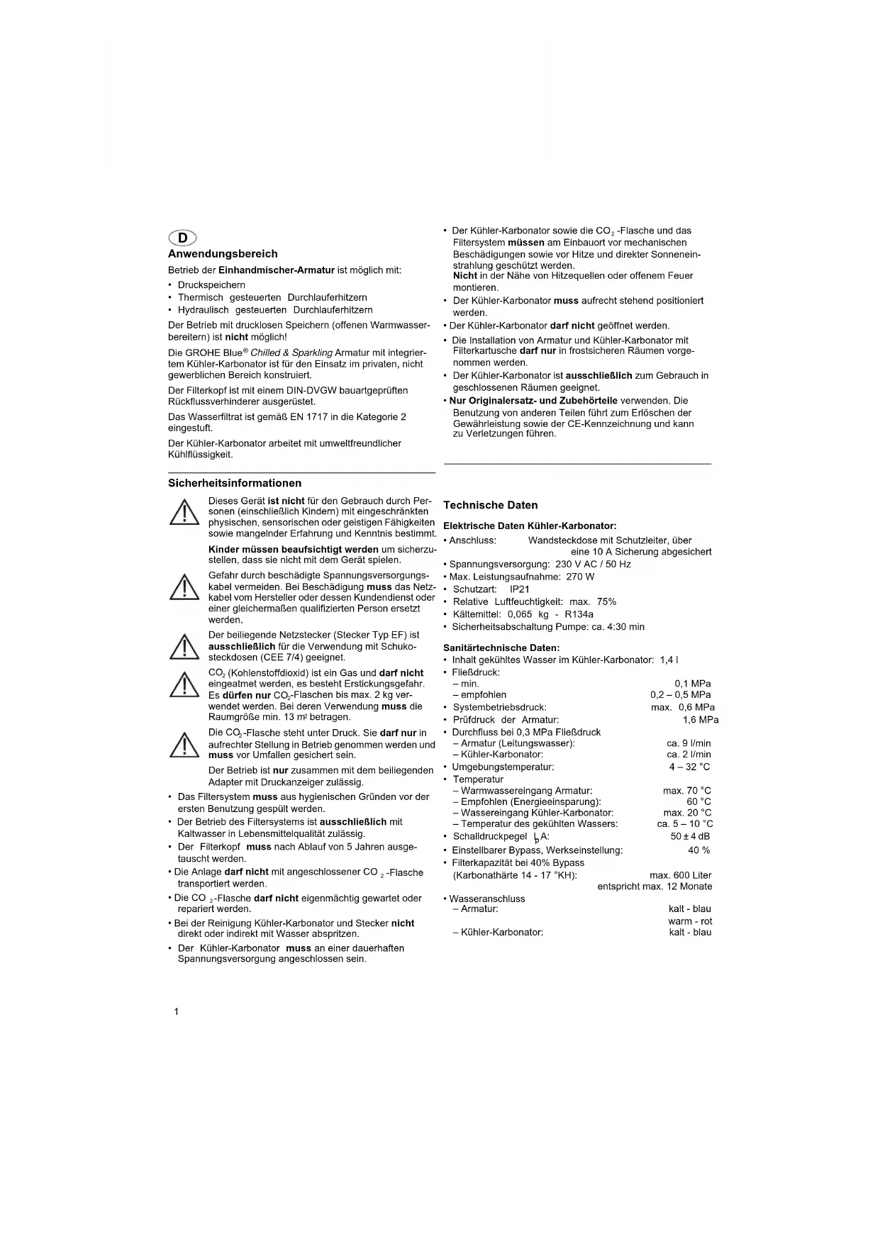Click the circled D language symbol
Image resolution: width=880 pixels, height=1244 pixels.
182,238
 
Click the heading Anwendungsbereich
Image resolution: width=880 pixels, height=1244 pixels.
223,254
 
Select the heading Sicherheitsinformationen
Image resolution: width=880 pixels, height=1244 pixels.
235,483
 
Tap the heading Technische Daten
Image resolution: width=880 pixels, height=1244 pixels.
491,505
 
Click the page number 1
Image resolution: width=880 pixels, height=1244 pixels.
177,1011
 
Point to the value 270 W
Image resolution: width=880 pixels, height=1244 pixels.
580,577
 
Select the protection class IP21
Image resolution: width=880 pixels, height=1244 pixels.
520,589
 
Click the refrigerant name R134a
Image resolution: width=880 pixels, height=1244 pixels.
579,614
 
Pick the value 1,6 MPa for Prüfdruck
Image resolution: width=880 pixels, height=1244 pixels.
701,720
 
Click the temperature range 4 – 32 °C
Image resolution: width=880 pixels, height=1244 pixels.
689,767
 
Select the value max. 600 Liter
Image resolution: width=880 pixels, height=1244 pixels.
680,875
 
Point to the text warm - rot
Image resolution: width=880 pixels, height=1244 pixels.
690,921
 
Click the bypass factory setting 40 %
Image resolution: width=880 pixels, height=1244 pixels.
698,850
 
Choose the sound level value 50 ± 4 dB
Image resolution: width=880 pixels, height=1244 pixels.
690,836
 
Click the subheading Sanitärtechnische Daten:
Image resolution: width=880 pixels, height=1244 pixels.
501,648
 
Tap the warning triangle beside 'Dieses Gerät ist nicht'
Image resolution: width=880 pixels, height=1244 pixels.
184,512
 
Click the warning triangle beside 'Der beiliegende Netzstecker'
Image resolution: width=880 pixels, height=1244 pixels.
184,646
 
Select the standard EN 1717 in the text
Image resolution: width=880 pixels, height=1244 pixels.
306,417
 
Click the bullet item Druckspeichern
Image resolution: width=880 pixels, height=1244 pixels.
211,285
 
